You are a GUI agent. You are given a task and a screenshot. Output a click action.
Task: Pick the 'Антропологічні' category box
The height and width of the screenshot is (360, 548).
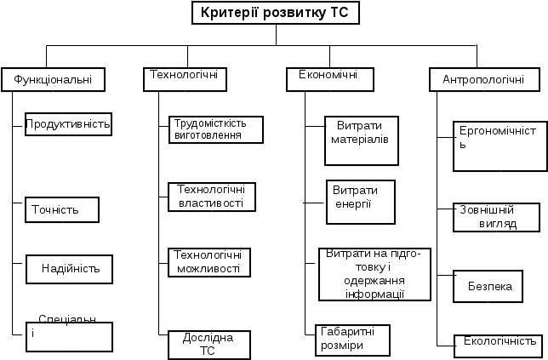coord(483,80)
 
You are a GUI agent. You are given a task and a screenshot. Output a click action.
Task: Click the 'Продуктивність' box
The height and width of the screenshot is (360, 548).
coord(69,124)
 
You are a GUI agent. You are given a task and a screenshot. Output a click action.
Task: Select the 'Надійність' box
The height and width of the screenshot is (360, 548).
coord(70,268)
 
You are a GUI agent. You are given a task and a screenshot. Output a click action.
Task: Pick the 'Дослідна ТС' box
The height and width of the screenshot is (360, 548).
coord(209,344)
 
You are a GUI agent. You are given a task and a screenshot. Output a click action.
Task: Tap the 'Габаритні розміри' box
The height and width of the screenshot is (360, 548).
coord(351,339)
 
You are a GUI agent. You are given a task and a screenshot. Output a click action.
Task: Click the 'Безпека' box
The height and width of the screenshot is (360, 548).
coord(488,287)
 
